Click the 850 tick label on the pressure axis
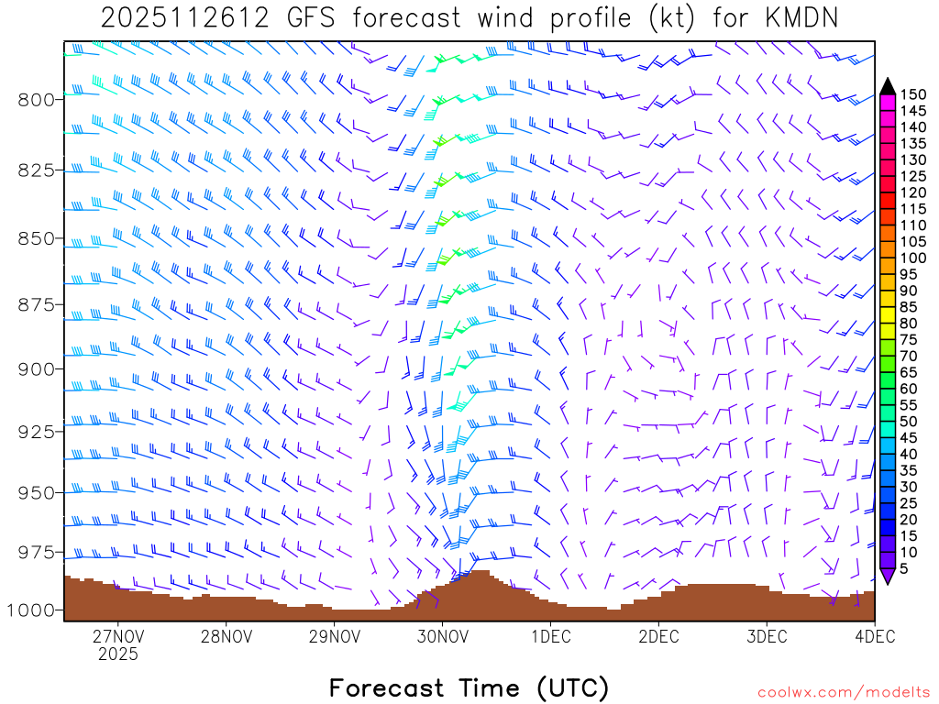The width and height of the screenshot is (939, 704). point(38,238)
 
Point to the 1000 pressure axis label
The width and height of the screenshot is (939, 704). point(34,610)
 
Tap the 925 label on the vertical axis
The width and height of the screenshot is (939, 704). point(38,431)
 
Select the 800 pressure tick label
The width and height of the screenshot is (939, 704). point(38,99)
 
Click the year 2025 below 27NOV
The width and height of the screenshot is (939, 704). point(118,654)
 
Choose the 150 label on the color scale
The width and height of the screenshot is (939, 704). point(914,94)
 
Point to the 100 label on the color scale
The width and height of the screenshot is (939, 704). point(914,258)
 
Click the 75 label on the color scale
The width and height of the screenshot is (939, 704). point(911,340)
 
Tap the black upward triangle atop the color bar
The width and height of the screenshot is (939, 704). point(888,86)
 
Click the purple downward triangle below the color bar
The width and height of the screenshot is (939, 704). point(888,576)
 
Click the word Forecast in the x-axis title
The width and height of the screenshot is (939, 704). point(388,687)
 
